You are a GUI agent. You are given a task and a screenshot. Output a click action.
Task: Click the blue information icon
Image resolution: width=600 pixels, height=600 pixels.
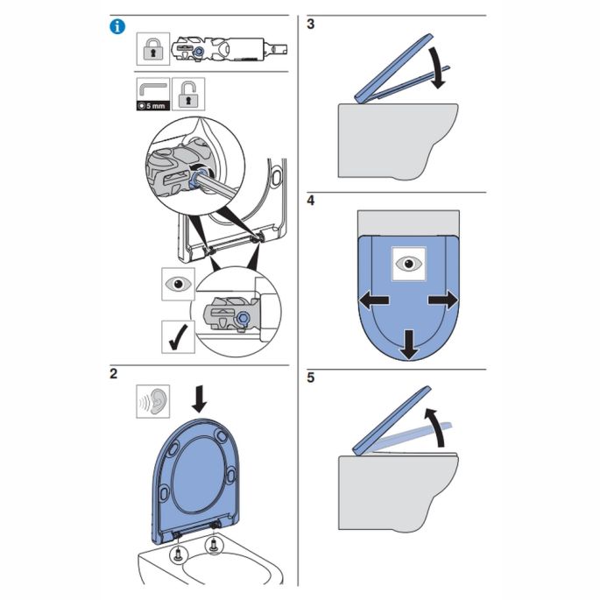[116, 26]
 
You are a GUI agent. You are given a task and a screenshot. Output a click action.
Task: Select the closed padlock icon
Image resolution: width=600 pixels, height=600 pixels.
[152, 51]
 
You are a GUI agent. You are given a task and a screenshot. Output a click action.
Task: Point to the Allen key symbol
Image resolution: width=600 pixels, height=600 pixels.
[152, 89]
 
